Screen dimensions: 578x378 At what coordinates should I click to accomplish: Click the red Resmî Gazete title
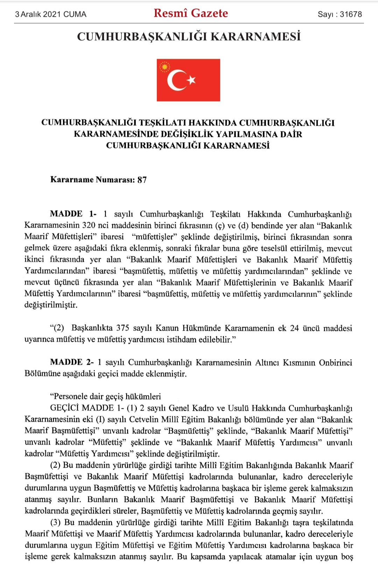tap(191, 13)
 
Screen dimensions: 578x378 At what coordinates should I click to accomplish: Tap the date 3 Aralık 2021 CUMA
tap(51, 14)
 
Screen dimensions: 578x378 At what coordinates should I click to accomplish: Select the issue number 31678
tap(351, 14)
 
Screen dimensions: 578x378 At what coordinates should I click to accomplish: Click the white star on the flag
tap(191, 80)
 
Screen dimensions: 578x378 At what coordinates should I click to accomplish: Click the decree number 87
tap(142, 180)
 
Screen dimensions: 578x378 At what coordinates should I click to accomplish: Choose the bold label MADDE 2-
tap(72, 362)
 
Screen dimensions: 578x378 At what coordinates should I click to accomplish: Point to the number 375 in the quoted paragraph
tap(122, 328)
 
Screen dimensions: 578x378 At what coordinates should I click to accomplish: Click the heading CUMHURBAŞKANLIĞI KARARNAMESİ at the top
tap(189, 37)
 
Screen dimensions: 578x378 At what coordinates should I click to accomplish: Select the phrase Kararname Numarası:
tap(92, 180)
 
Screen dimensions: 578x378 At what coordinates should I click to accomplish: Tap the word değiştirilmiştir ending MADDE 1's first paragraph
tap(51, 305)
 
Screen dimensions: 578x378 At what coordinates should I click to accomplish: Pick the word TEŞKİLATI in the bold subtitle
tap(163, 123)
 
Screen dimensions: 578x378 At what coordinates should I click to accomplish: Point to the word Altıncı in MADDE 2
tap(267, 362)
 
